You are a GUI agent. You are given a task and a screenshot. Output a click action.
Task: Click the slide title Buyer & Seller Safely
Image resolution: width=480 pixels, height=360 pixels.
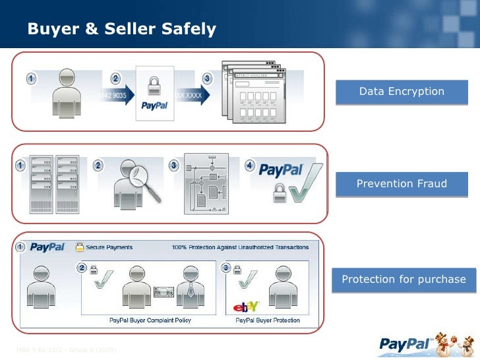(x=121, y=30)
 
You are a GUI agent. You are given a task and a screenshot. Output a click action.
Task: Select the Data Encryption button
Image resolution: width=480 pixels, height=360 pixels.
(x=402, y=92)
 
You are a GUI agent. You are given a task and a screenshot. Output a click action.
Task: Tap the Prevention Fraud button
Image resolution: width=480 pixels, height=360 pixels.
(x=402, y=184)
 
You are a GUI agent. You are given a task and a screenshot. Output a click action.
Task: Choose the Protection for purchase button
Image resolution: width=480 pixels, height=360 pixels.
(x=404, y=280)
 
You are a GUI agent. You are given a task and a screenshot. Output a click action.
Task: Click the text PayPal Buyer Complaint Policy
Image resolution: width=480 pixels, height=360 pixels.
(x=150, y=320)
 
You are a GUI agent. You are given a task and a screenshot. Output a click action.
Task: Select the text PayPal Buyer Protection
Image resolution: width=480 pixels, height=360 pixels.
(x=268, y=320)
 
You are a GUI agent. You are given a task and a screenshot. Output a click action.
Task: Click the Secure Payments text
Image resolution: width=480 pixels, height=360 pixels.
(x=109, y=247)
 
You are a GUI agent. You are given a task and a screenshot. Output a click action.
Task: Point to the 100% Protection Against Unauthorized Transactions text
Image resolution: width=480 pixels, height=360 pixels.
(x=240, y=247)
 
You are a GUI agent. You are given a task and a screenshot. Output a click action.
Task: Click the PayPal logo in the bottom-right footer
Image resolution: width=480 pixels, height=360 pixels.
(x=405, y=343)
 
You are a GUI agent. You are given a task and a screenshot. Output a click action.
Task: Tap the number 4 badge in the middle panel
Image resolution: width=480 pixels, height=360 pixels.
(x=249, y=165)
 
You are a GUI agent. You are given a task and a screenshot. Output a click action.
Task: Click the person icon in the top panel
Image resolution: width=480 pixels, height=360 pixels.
(x=68, y=92)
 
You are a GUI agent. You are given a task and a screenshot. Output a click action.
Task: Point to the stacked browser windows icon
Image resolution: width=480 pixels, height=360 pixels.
(x=253, y=92)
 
